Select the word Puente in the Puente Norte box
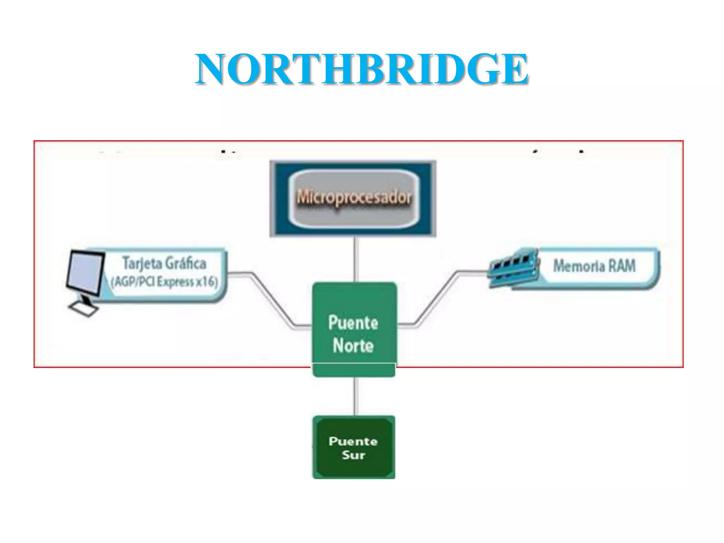[x=353, y=323]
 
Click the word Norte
[x=353, y=345]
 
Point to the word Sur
[x=353, y=455]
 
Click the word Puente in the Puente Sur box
[x=353, y=441]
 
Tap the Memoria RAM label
[x=594, y=266]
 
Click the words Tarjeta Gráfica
[x=164, y=263]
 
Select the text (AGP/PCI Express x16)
[x=164, y=282]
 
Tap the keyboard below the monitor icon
[x=83, y=309]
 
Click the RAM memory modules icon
[x=513, y=268]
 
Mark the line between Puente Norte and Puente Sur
[x=356, y=396]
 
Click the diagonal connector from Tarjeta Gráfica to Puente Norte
[x=272, y=299]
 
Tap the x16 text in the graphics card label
[x=207, y=282]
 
